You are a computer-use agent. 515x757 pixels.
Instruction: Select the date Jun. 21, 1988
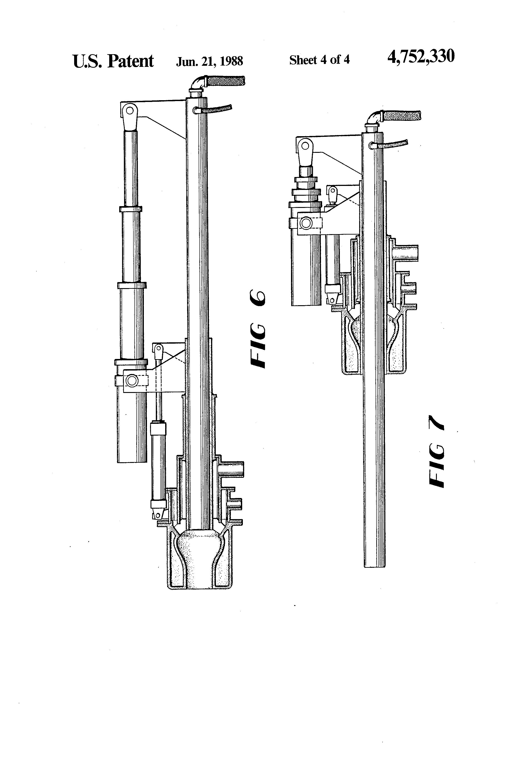[x=209, y=61]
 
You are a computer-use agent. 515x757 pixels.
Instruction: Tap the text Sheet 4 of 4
[x=319, y=60]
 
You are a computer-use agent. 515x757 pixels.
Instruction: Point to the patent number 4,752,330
[x=421, y=57]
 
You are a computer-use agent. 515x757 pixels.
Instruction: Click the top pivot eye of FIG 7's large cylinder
[x=305, y=145]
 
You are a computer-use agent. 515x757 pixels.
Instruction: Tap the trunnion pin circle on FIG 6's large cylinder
[x=132, y=380]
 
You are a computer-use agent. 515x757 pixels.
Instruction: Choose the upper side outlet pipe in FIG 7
[x=406, y=252]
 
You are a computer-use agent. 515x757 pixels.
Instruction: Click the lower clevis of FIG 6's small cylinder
[x=158, y=515]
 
